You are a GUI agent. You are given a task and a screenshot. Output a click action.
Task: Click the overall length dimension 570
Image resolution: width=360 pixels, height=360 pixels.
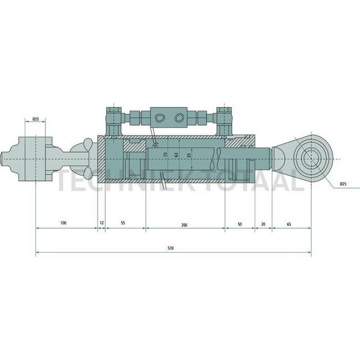click(171, 249)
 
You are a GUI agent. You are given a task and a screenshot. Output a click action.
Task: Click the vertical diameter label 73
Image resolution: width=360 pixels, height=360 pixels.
click(165, 156)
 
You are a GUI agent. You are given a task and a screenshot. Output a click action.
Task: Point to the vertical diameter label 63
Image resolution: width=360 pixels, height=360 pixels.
click(177, 156)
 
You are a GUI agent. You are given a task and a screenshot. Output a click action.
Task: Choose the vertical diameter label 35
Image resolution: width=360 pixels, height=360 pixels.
click(189, 156)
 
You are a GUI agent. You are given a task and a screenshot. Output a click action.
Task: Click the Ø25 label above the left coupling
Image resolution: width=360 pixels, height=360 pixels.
click(35, 119)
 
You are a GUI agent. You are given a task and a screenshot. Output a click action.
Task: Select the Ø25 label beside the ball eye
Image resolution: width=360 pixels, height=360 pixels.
click(343, 183)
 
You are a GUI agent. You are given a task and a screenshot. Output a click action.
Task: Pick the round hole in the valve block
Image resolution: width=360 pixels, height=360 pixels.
click(178, 118)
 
